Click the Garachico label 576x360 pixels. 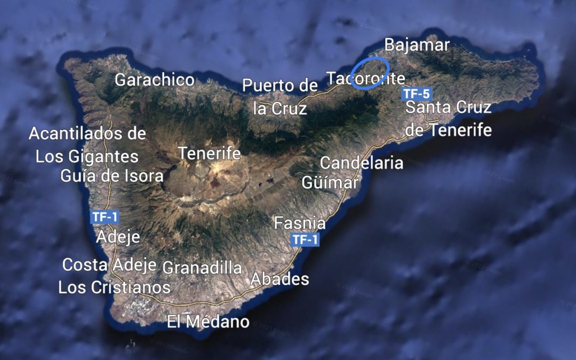coord(155,80)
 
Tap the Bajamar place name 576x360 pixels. coord(417,45)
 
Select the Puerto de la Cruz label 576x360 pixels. coord(279,97)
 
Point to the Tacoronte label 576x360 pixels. coord(365,79)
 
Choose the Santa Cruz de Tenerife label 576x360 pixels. coord(448,118)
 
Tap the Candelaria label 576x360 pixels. coord(361,163)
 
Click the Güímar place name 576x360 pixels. coord(330,182)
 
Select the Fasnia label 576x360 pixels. coord(300,222)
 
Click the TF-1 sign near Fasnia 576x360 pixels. coord(305,240)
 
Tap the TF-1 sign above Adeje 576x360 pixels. coord(105,217)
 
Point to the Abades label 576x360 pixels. coord(279,278)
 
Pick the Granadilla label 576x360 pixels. coord(202,268)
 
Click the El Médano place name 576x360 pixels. coord(208,322)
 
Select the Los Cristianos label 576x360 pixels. coord(114,287)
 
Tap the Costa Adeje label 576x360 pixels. coord(109,265)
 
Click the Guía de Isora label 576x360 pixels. coord(112,176)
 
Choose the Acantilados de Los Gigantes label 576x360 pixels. coord(87,145)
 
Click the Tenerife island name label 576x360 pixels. coord(210,154)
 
